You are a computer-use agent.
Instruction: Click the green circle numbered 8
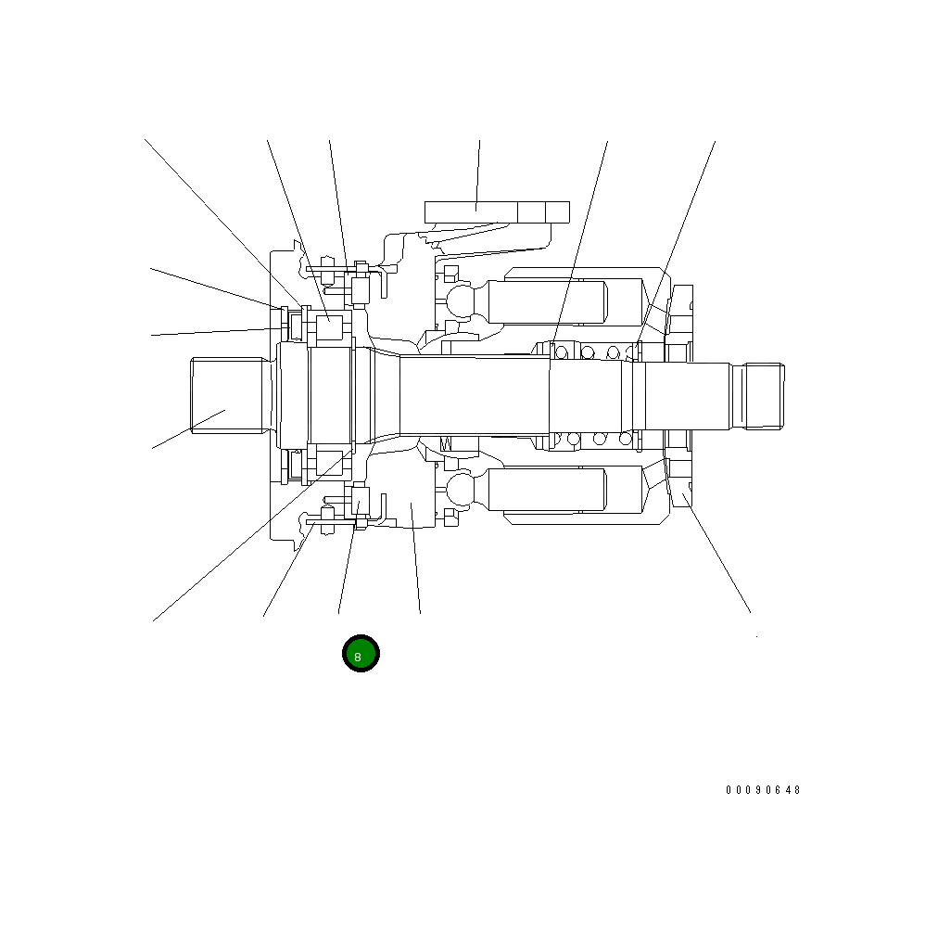[x=361, y=654]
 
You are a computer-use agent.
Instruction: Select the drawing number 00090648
[x=763, y=790]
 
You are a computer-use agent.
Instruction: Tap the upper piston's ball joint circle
[x=461, y=301]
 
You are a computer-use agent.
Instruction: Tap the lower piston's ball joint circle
[x=461, y=488]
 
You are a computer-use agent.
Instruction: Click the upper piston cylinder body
[x=548, y=302]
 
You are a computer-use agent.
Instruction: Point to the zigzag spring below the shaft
[x=446, y=443]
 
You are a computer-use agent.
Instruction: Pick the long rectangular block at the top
[x=497, y=211]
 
